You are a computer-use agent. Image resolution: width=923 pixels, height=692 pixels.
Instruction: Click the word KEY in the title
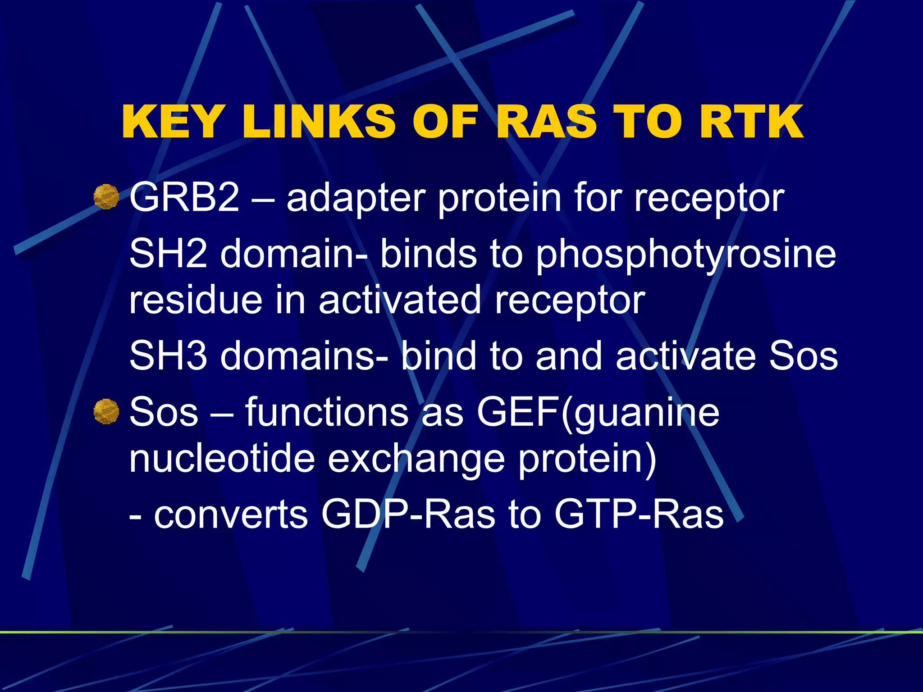click(x=172, y=122)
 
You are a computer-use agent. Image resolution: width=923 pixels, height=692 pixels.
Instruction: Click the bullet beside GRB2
click(x=106, y=197)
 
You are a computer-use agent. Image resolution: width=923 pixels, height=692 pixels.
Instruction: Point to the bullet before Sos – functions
click(x=106, y=411)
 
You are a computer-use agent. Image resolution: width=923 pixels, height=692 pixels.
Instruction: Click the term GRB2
click(x=184, y=198)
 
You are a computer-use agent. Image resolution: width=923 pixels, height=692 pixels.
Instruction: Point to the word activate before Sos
click(x=685, y=355)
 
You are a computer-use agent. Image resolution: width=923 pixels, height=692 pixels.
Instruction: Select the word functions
click(x=327, y=412)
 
